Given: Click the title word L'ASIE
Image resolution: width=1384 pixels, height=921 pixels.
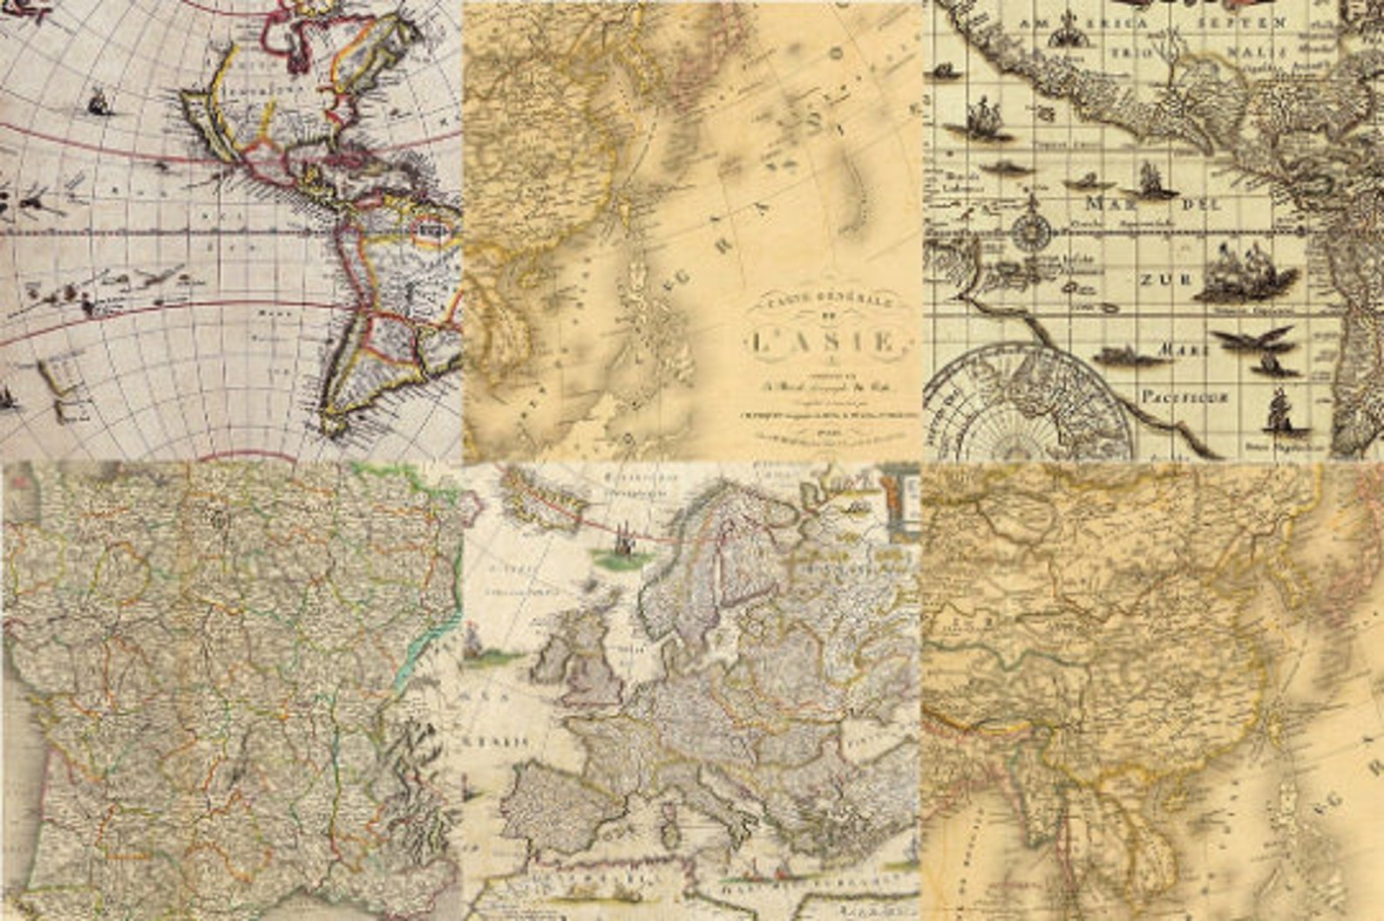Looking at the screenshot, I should pyautogui.click(x=819, y=341).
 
